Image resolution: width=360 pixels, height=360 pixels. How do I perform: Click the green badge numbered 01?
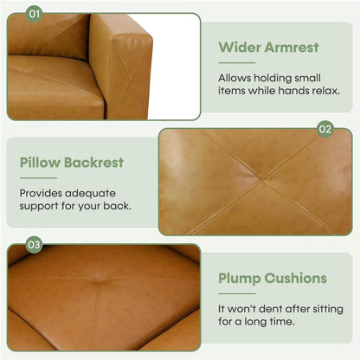34,15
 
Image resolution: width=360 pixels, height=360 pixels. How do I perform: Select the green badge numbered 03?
34,245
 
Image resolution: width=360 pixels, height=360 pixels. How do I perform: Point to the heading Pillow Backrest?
71,162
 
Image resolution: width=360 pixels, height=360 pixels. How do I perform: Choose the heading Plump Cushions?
273,279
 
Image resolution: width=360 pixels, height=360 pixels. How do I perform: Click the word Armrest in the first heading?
291,47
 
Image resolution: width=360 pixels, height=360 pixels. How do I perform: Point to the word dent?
271,309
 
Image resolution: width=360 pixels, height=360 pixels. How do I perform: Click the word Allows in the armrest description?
234,76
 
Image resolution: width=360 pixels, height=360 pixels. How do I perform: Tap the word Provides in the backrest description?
41,193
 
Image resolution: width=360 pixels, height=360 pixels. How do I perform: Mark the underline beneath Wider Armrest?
236,62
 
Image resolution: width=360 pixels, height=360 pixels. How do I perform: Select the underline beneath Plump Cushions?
236,294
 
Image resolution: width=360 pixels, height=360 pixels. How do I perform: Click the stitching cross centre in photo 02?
260,182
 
